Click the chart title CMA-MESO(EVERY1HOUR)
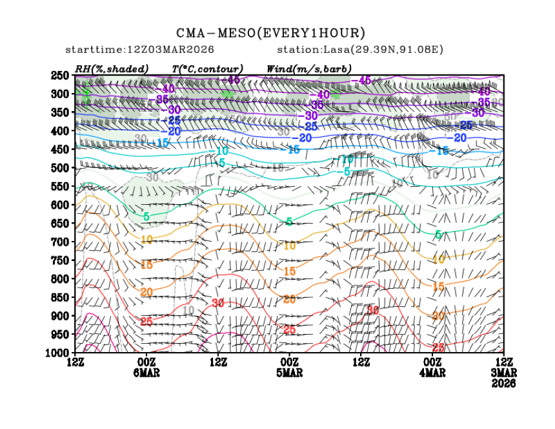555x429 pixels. click(271, 33)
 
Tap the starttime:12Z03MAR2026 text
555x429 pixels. click(140, 50)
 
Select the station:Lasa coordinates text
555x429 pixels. click(359, 50)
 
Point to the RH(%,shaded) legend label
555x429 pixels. click(112, 68)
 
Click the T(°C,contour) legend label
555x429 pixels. click(207, 68)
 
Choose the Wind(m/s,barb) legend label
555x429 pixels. click(309, 68)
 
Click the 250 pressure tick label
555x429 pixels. click(59, 76)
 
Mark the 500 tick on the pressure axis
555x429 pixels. click(59, 168)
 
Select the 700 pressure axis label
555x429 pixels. click(59, 242)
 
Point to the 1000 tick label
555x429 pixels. click(57, 353)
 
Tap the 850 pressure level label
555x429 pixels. click(59, 297)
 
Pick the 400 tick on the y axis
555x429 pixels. click(59, 131)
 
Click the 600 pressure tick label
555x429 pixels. click(59, 205)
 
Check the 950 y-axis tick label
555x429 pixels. click(59, 334)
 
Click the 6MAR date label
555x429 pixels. click(146, 373)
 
